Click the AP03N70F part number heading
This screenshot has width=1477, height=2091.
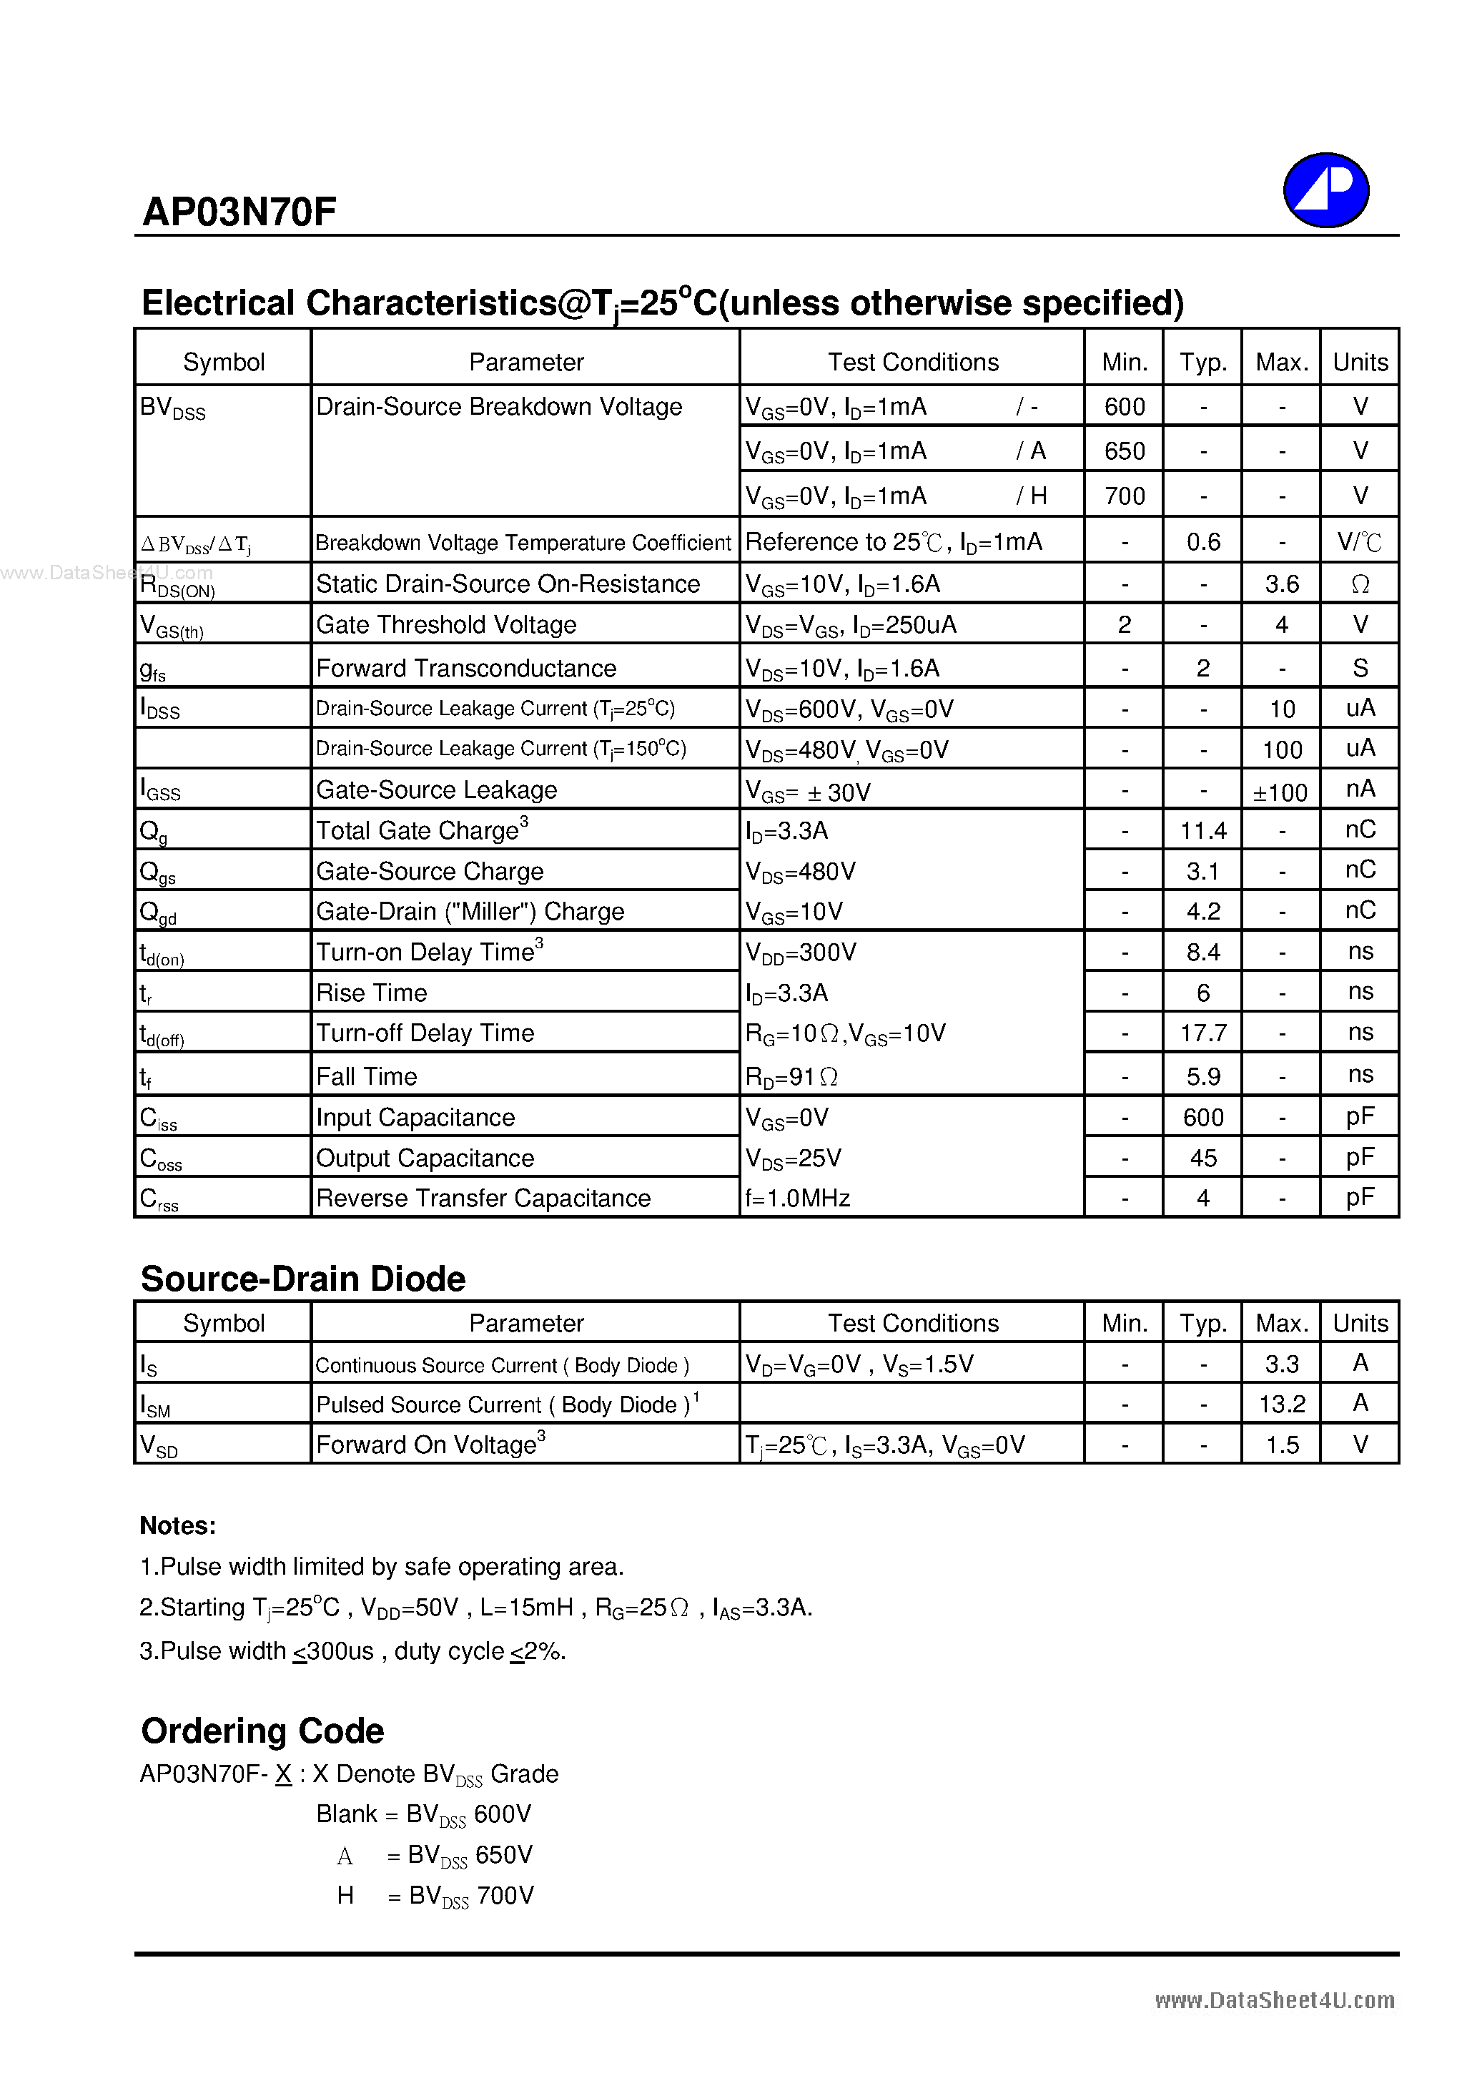pos(239,212)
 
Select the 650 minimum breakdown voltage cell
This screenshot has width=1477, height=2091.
pos(1124,451)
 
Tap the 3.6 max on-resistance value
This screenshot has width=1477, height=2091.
pos(1281,584)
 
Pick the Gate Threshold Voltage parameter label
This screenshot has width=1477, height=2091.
pos(446,625)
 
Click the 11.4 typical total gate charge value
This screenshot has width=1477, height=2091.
pos(1203,830)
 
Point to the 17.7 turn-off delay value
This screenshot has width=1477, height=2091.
pos(1203,1033)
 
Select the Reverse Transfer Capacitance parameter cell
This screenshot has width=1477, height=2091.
pos(483,1199)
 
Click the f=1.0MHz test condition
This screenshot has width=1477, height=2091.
pos(798,1199)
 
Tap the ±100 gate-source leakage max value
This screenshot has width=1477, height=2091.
pos(1280,792)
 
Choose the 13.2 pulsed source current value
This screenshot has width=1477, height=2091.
pos(1281,1404)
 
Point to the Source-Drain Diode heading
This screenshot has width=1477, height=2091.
pos(303,1279)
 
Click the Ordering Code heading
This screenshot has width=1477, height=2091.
pos(262,1731)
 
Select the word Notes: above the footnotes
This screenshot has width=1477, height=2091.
pos(177,1525)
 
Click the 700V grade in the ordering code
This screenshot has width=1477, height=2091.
pos(505,1895)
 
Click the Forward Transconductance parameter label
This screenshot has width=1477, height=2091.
pos(465,669)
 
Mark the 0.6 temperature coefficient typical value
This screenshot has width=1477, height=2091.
pos(1203,542)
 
